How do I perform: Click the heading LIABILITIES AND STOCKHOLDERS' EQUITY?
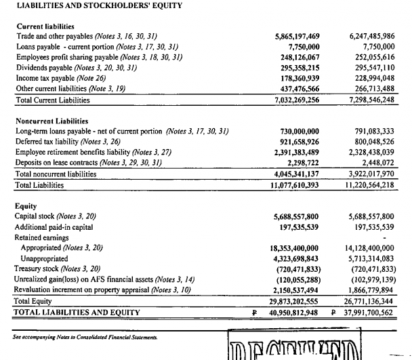click(89, 6)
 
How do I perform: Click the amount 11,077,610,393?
click(295, 184)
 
